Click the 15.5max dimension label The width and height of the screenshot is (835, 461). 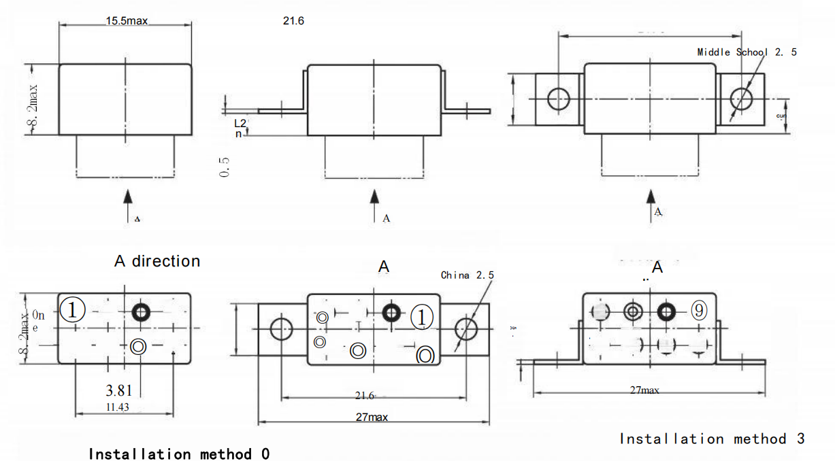127,21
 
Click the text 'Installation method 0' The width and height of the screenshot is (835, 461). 179,454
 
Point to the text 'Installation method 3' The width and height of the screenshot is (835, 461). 712,439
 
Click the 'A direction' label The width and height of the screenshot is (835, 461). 157,261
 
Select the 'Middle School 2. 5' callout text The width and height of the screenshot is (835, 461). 747,52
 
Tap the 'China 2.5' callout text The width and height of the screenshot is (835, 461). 468,275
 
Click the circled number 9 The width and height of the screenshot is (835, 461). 699,310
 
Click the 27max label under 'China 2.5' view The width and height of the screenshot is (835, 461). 372,417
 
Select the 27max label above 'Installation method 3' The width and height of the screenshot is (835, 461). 644,390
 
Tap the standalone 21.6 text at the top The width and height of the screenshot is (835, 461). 294,21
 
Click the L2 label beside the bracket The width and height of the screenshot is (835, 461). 240,123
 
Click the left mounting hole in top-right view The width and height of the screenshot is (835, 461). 559,99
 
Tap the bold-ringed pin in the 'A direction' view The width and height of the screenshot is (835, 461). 141,311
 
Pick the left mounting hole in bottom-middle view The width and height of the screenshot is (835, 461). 280,329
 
